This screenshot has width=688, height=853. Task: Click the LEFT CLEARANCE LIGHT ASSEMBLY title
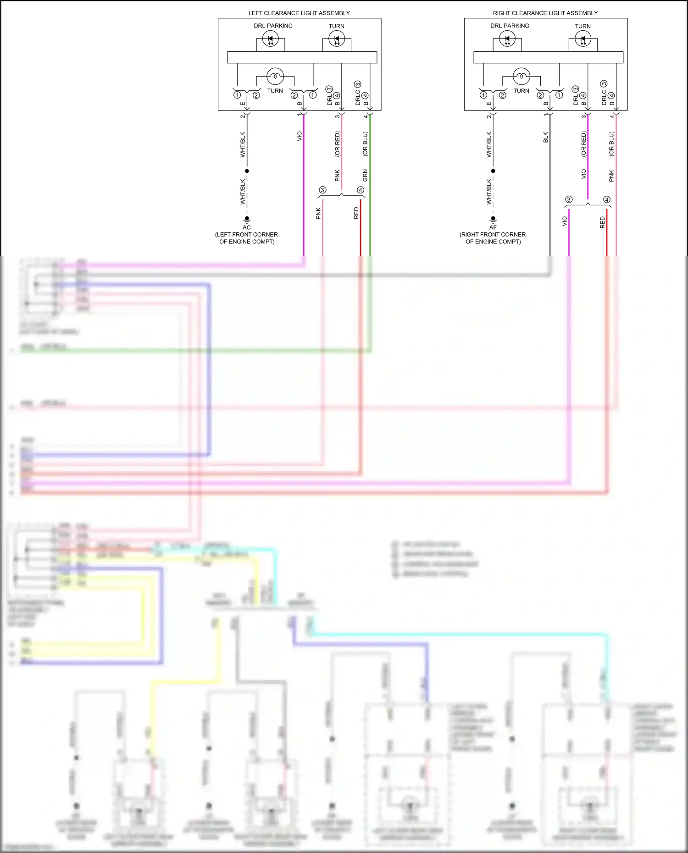pos(299,13)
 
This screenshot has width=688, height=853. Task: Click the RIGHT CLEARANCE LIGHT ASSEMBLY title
pos(545,13)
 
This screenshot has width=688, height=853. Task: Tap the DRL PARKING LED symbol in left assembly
pos(270,39)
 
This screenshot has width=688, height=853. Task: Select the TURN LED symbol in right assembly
pos(583,39)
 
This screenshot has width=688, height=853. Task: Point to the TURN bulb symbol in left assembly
pos(275,76)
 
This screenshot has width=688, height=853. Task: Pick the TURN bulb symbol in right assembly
pos(521,76)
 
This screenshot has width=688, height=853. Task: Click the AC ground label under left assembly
pos(247,227)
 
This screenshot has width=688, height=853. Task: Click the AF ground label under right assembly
pos(493,227)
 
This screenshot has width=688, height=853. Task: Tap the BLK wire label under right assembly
pos(546,137)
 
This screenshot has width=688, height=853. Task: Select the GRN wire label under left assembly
pos(366,175)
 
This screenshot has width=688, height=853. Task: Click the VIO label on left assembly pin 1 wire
pos(300,136)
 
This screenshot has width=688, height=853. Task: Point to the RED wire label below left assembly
pos(356,213)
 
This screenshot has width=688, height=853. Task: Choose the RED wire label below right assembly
pos(603,223)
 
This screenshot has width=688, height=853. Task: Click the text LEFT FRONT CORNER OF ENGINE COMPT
pos(247,238)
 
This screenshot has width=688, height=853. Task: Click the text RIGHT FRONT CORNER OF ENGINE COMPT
pos(493,238)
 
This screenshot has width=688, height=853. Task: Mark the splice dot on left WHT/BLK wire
pos(247,171)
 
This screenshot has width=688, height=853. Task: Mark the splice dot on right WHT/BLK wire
pos(493,171)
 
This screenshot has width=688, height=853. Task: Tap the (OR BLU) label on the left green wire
pos(366,144)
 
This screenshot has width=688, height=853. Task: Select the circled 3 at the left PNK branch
pos(322,190)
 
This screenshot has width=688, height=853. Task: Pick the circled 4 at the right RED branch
pos(606,199)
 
